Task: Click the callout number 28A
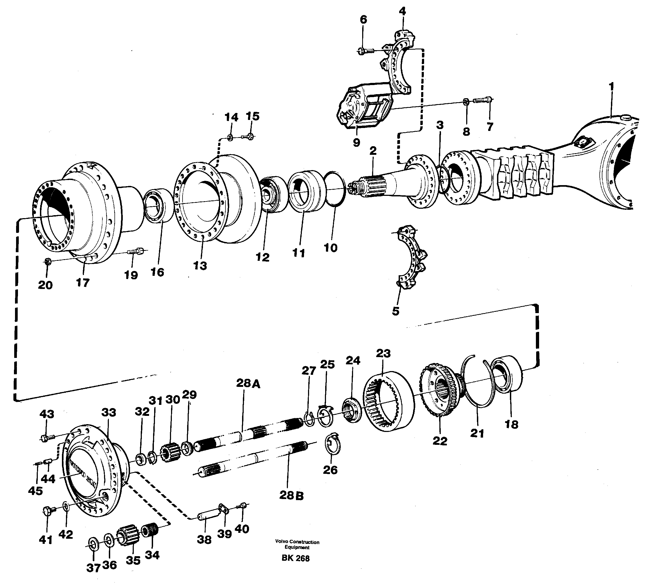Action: [x=248, y=383]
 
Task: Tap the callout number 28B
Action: [x=291, y=496]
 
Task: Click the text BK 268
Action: [x=295, y=558]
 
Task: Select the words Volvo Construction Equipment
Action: [x=297, y=545]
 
